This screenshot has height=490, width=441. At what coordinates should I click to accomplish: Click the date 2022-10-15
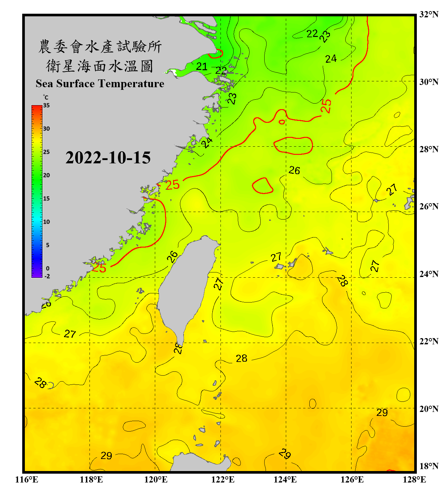pos(108,158)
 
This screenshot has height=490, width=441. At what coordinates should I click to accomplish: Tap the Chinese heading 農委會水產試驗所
pos(100,46)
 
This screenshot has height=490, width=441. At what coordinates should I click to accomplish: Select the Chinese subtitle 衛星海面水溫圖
pos(100,66)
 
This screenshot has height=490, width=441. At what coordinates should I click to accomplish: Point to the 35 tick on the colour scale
pos(46,106)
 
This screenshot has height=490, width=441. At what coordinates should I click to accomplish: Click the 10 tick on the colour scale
pos(46,222)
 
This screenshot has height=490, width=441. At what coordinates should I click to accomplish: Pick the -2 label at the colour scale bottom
pos(47,276)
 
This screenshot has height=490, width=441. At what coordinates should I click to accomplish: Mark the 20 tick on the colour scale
pos(46,175)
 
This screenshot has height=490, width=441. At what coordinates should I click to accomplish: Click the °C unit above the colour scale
pos(46,97)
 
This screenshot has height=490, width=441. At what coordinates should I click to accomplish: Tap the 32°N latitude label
pos(429,14)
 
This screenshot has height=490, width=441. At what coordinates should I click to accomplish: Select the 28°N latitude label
pos(429,149)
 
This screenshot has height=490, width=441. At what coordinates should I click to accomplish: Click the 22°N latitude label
pos(429,341)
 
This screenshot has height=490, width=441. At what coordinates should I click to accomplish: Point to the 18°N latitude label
pos(429,466)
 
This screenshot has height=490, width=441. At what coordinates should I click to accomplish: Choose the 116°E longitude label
pos(27,480)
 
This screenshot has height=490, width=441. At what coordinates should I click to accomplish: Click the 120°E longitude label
pos(156,480)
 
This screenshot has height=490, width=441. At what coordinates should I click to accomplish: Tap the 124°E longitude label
pos(285,480)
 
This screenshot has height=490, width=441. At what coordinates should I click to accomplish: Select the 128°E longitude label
pos(414,480)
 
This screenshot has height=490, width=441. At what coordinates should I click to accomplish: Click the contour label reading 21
pos(202,67)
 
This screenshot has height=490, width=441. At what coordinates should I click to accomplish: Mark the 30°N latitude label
pos(429,82)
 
